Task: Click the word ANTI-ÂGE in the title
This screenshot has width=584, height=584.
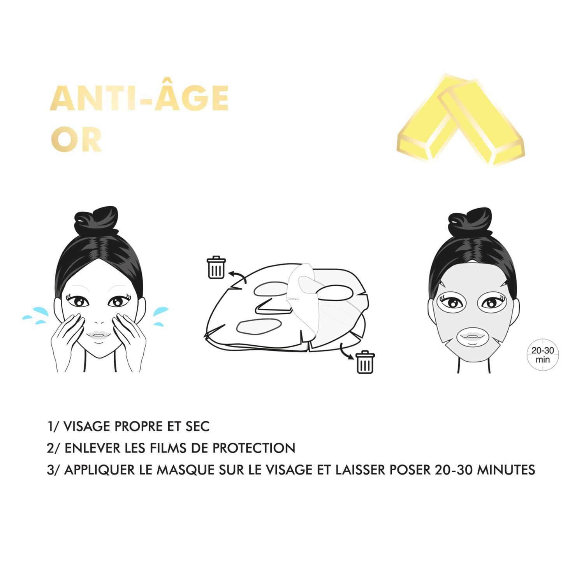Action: coord(139,98)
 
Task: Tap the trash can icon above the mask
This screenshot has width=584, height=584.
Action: coord(216,267)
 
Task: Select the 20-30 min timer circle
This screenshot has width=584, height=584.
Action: coord(543,355)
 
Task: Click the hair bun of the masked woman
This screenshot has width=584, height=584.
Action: coord(470,222)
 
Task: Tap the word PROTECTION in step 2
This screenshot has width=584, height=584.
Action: coord(254,448)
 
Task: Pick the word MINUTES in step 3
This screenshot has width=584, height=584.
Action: coord(506,470)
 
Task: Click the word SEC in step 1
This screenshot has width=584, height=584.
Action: coord(197,426)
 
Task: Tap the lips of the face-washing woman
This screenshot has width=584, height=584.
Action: coord(99,335)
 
